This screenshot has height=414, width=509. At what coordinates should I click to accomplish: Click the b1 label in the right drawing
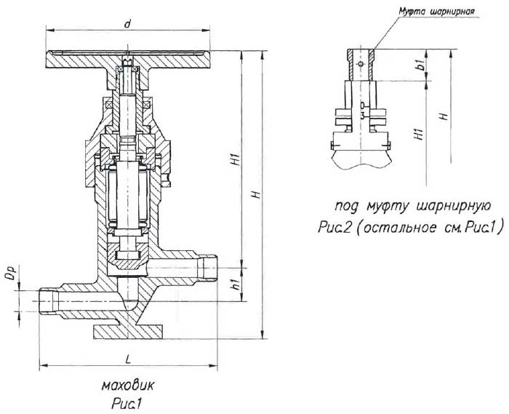420,67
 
